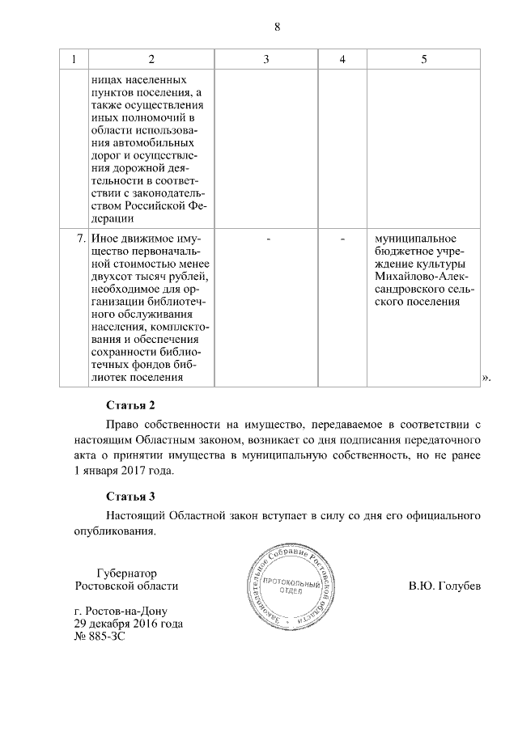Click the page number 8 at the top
(x=276, y=26)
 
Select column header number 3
(x=266, y=59)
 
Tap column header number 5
(x=423, y=59)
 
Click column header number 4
(x=342, y=59)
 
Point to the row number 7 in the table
(x=80, y=239)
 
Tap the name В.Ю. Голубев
(x=444, y=585)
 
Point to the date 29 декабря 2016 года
(x=128, y=624)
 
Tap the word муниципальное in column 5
(x=412, y=239)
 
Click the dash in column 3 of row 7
(x=266, y=239)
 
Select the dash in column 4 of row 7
(x=342, y=239)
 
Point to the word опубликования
(x=108, y=531)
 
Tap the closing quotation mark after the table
(x=486, y=377)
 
